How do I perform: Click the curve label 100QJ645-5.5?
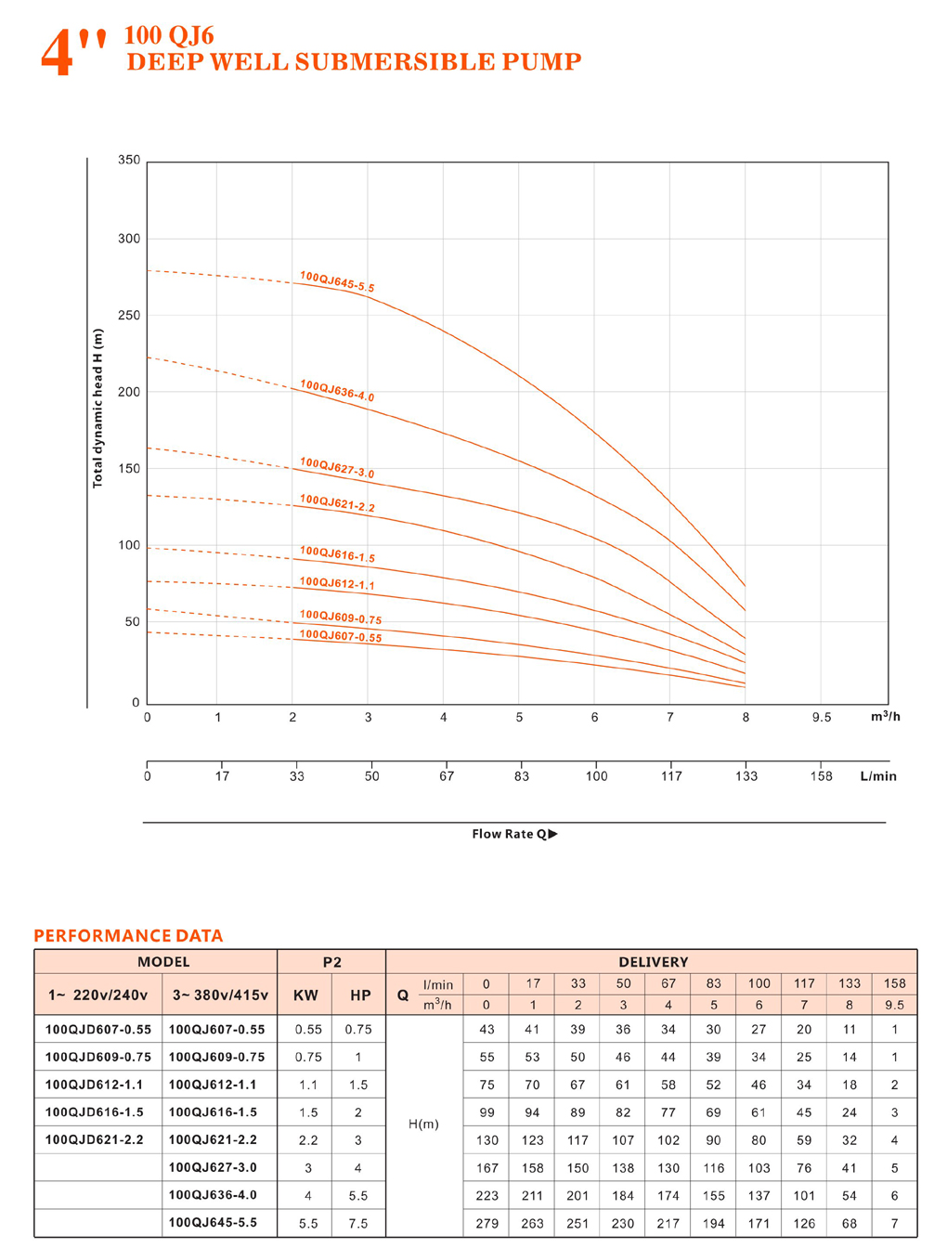[337, 282]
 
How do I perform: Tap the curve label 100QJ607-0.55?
[341, 636]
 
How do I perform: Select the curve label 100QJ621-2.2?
[337, 503]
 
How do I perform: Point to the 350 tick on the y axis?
[129, 160]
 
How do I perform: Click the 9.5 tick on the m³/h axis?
[822, 718]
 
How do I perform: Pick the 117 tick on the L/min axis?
[671, 776]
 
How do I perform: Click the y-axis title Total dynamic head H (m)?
[97, 409]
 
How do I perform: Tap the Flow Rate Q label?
[514, 834]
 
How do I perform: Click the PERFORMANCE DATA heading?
[128, 936]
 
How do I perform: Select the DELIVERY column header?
[653, 962]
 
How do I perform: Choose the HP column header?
[360, 995]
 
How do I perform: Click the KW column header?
[305, 995]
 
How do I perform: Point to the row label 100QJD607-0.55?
[98, 1030]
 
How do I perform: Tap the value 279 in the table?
[486, 1223]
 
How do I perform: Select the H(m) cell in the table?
[423, 1124]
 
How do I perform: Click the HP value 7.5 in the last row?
[358, 1223]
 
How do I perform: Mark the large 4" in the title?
[72, 52]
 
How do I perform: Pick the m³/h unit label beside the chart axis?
[885, 717]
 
